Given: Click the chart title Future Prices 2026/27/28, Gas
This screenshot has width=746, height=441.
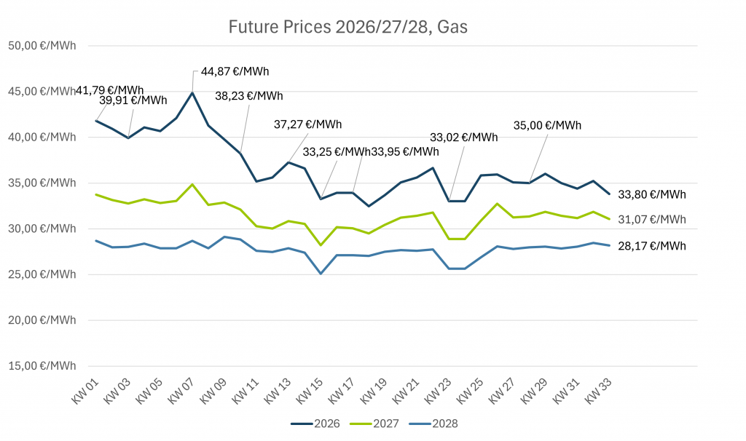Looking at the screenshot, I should (348, 28).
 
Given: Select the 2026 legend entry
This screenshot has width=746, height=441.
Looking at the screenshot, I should (318, 424).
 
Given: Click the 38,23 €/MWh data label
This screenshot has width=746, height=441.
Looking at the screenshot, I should (249, 96).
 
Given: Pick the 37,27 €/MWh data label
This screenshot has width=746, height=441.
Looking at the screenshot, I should (308, 124).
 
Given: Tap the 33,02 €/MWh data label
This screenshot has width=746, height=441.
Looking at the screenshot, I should (464, 137).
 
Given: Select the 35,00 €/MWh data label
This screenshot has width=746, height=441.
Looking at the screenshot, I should (548, 125).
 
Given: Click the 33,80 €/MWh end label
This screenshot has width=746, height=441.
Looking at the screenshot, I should (652, 194).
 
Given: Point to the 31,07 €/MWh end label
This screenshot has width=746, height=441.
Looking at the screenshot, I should (652, 219).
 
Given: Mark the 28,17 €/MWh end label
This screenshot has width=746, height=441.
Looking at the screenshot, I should (652, 246).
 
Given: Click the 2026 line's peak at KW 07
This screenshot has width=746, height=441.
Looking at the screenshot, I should (192, 92).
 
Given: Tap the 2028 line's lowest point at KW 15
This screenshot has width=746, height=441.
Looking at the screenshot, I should (321, 274).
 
